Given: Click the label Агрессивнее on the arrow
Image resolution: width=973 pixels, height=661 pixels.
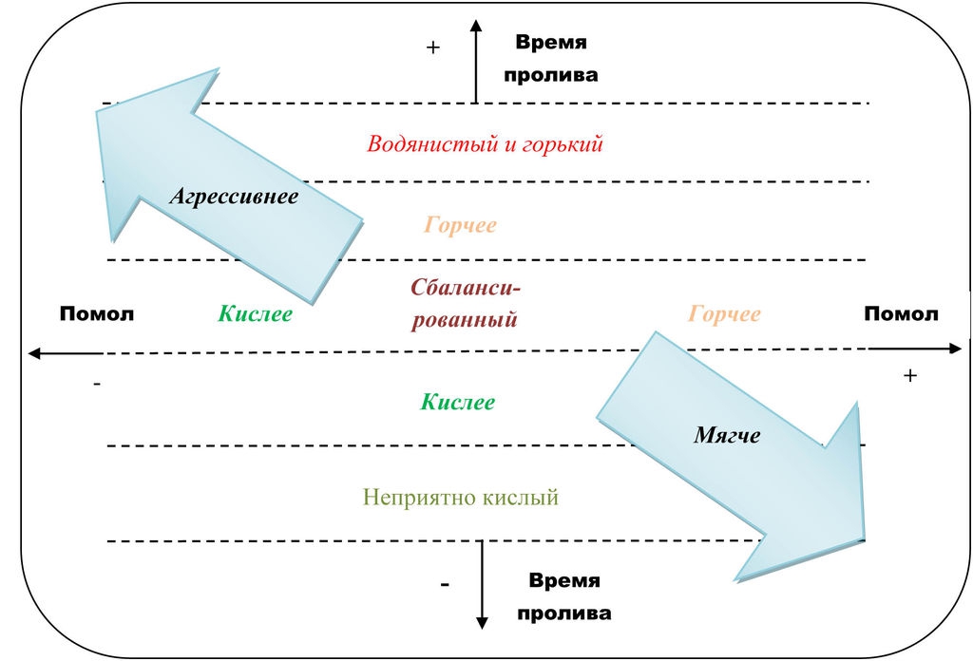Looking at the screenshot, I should click(234, 197).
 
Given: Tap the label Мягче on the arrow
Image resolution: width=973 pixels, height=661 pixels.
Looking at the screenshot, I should click(727, 435).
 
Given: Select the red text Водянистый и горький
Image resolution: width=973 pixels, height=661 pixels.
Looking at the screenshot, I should click(485, 145).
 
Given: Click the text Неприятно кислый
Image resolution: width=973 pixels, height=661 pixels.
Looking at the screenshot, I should click(460, 497).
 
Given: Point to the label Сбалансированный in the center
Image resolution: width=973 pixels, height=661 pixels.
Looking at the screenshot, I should click(465, 303).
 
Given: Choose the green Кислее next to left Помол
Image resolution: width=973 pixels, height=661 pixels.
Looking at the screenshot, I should click(255, 314).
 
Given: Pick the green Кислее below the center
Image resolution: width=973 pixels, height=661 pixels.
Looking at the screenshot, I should click(458, 402).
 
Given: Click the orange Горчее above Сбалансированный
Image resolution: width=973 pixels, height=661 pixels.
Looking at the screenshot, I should click(460, 226).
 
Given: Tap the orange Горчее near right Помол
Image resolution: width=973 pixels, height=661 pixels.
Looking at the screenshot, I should click(724, 314).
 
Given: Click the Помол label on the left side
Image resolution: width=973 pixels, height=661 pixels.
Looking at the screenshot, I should click(97, 314).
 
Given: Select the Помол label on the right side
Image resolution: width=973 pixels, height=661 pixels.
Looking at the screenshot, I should click(901, 314).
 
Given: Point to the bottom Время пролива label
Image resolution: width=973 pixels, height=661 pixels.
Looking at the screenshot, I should click(564, 596).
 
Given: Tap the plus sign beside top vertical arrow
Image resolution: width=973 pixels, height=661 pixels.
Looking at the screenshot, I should click(433, 47).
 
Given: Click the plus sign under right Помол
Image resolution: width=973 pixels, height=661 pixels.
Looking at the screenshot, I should click(910, 376).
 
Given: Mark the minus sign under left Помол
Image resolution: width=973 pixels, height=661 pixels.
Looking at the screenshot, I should click(97, 384).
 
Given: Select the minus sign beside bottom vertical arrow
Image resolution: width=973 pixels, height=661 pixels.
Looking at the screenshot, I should click(445, 585).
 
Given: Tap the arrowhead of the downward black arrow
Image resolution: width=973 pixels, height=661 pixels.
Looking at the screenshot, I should click(482, 622).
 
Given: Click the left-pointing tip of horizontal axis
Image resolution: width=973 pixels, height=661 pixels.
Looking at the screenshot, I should click(31, 353).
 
